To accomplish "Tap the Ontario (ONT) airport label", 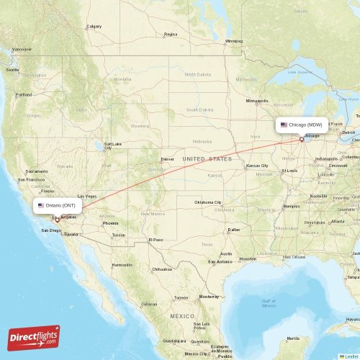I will (x=60, y=205).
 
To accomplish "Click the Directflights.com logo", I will (x=34, y=337).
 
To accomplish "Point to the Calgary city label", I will (x=94, y=27).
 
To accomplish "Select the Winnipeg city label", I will (x=234, y=41).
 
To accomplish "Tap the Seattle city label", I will (x=12, y=70).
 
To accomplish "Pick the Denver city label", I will (x=167, y=158).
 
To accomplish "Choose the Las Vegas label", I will (x=86, y=197).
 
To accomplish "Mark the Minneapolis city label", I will (x=257, y=101).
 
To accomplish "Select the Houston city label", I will (x=248, y=258).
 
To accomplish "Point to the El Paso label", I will (x=155, y=240).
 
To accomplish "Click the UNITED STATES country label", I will (x=207, y=158).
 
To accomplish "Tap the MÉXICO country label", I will (x=182, y=316).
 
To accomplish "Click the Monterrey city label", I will (x=209, y=296).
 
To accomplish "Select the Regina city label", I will (x=171, y=34).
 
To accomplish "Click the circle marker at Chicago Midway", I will (x=301, y=139).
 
